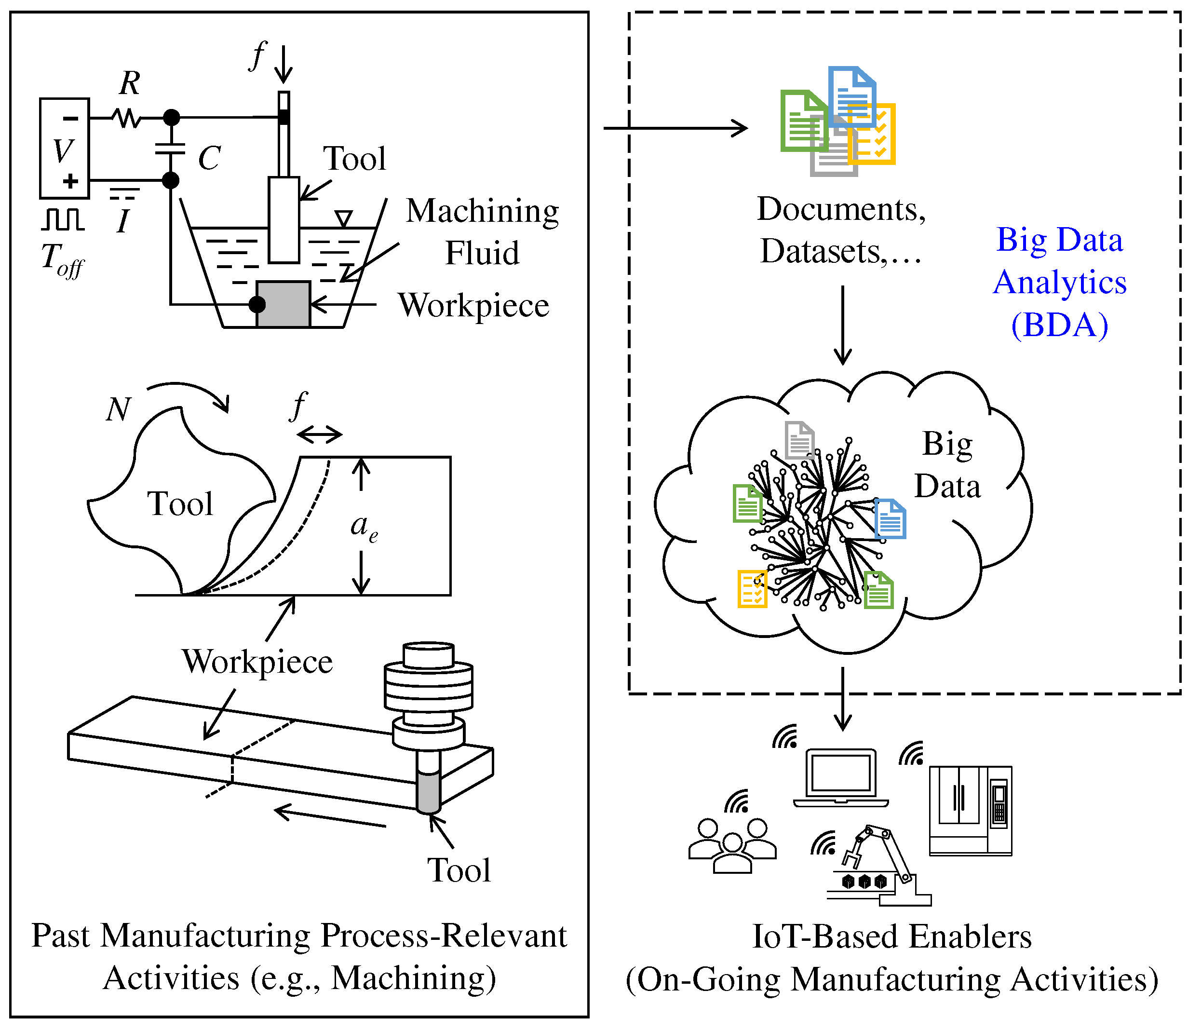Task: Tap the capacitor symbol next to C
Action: click(x=170, y=149)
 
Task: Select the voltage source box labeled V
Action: click(x=65, y=149)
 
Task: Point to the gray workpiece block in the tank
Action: click(x=283, y=304)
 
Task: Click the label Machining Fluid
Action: click(x=482, y=231)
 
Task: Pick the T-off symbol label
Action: click(x=62, y=260)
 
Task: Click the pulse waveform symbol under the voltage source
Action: click(x=63, y=219)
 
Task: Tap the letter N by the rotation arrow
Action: click(x=119, y=409)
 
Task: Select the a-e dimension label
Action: click(x=364, y=527)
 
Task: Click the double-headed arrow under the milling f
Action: click(x=320, y=434)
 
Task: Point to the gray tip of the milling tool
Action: click(x=429, y=793)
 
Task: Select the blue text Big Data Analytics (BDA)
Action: click(x=1060, y=282)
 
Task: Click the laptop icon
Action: click(x=841, y=777)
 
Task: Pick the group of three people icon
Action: click(x=732, y=846)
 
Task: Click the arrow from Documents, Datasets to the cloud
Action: click(x=843, y=325)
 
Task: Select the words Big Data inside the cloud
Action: click(x=947, y=465)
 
